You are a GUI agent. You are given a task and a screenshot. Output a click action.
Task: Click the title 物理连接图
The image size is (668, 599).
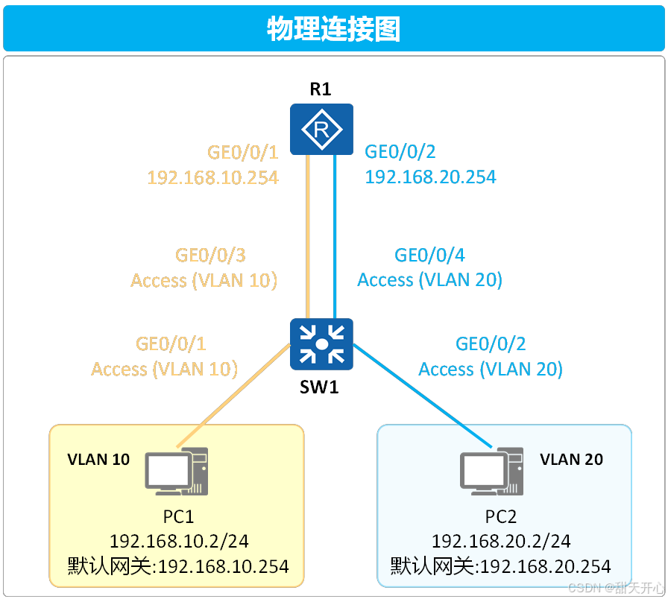(333, 29)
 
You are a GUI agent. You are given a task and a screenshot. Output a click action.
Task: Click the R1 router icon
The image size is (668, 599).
(321, 130)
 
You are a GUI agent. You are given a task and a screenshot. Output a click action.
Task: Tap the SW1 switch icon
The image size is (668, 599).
(321, 343)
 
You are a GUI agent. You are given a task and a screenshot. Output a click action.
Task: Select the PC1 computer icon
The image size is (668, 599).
(177, 472)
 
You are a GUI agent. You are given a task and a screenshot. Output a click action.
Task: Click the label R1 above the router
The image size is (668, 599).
(321, 90)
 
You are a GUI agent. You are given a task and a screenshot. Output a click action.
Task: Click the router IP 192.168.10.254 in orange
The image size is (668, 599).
(212, 177)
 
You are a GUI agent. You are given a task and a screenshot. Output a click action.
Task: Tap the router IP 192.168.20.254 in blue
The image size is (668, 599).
(430, 177)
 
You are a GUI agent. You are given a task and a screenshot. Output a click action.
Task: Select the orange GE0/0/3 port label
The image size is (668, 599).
(210, 256)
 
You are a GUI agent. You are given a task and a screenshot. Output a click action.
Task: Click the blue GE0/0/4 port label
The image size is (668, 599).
(429, 256)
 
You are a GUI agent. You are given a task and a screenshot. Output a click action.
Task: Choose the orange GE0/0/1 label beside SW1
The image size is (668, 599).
(171, 343)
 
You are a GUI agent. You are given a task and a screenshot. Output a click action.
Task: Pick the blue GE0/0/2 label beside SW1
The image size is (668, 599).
(491, 343)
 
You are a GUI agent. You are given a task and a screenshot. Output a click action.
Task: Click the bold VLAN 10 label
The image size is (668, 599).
(98, 459)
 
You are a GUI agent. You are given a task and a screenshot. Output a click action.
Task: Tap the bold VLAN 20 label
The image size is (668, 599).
(571, 459)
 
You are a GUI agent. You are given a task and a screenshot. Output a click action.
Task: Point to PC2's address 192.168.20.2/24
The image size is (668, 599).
(501, 541)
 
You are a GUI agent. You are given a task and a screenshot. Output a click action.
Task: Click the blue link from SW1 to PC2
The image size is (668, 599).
(422, 396)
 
